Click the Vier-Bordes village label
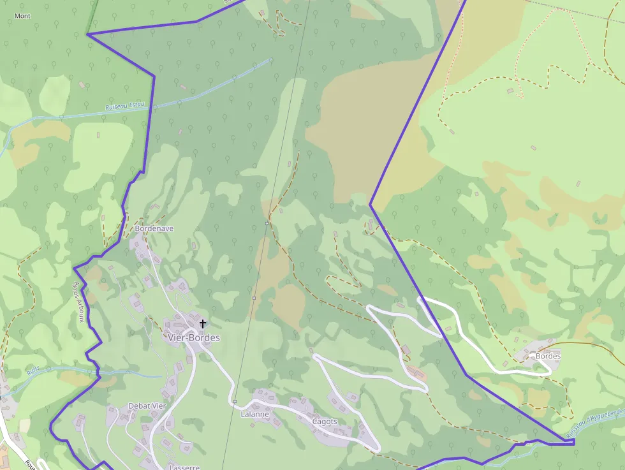pyautogui.click(x=193, y=337)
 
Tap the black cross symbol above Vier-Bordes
pyautogui.click(x=203, y=324)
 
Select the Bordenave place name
pyautogui.click(x=154, y=228)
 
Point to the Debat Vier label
pyautogui.click(x=147, y=406)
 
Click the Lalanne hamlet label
pyautogui.click(x=254, y=414)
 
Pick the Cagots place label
pyautogui.click(x=325, y=422)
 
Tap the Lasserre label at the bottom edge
pyautogui.click(x=184, y=467)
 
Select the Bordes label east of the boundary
pyautogui.click(x=548, y=356)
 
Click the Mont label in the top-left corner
pyautogui.click(x=22, y=16)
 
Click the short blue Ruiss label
pyautogui.click(x=33, y=370)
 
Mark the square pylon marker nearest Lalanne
pyautogui.click(x=235, y=401)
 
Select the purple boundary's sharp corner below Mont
pyautogui.click(x=87, y=34)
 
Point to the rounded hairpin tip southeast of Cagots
pyautogui.click(x=376, y=448)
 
